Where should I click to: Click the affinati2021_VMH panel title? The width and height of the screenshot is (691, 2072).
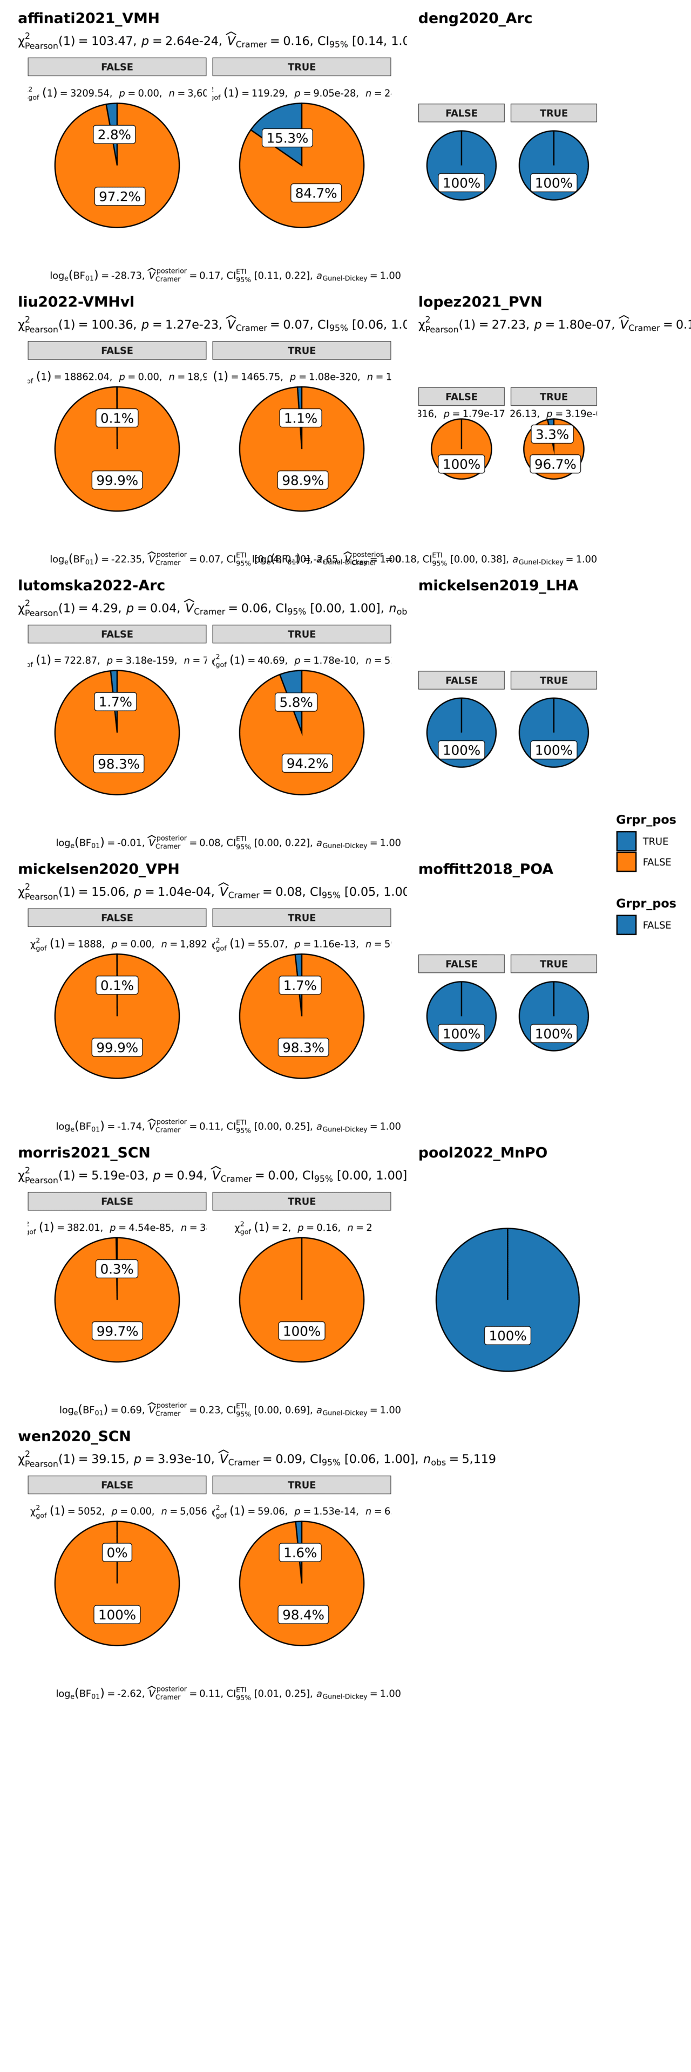pos(89,18)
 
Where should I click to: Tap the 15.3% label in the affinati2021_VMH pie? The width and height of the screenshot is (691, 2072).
pos(287,138)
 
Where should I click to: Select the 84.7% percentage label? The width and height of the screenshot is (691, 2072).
pos(316,193)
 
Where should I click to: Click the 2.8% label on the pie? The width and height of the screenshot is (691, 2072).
pos(114,135)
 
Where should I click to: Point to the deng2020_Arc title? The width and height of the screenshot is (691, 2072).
pos(475,18)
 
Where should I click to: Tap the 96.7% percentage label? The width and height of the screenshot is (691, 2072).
pos(555,464)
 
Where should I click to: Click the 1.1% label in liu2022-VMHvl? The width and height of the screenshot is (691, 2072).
pos(300,418)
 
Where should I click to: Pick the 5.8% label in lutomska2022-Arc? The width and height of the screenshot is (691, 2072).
pos(296,702)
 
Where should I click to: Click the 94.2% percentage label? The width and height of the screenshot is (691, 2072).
pos(307,764)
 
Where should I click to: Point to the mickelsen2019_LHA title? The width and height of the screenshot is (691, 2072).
pos(498,585)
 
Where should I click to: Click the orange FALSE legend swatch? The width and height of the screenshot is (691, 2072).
pos(626,862)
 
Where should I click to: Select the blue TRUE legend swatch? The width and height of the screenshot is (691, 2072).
pos(626,841)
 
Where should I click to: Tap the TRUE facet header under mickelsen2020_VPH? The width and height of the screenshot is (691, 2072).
pos(302,918)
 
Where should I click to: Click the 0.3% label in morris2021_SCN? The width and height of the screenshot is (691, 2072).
pos(117,1269)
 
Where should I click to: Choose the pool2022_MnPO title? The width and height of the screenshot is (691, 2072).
pos(483,1153)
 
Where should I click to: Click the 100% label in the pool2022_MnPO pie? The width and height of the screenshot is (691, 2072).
pos(507,1336)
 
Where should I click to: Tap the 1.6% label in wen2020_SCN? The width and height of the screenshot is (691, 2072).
pos(300,1552)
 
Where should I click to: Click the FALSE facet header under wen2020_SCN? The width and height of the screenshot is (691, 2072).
pos(117,1485)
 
